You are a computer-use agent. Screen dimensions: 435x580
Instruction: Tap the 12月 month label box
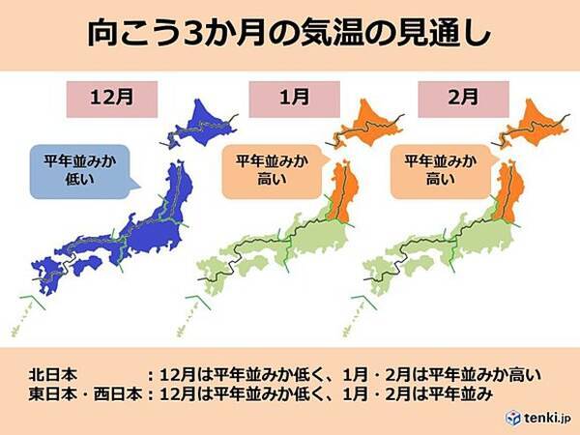click(106, 98)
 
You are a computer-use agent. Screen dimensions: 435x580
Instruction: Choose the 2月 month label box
click(449, 98)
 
